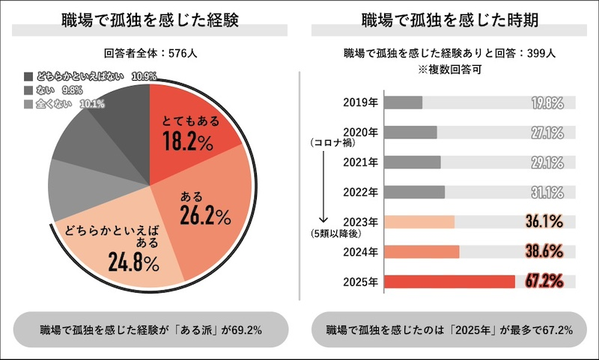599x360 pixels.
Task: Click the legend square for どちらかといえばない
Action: pos(28,76)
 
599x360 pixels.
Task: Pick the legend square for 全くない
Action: pos(28,103)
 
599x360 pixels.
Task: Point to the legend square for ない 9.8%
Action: pos(28,90)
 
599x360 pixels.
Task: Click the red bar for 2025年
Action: pos(449,281)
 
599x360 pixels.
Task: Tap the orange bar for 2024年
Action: pos(422,251)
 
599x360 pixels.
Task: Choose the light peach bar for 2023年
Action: pos(419,222)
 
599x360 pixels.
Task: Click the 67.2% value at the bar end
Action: pos(544,281)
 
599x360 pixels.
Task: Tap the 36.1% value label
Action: pos(544,222)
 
